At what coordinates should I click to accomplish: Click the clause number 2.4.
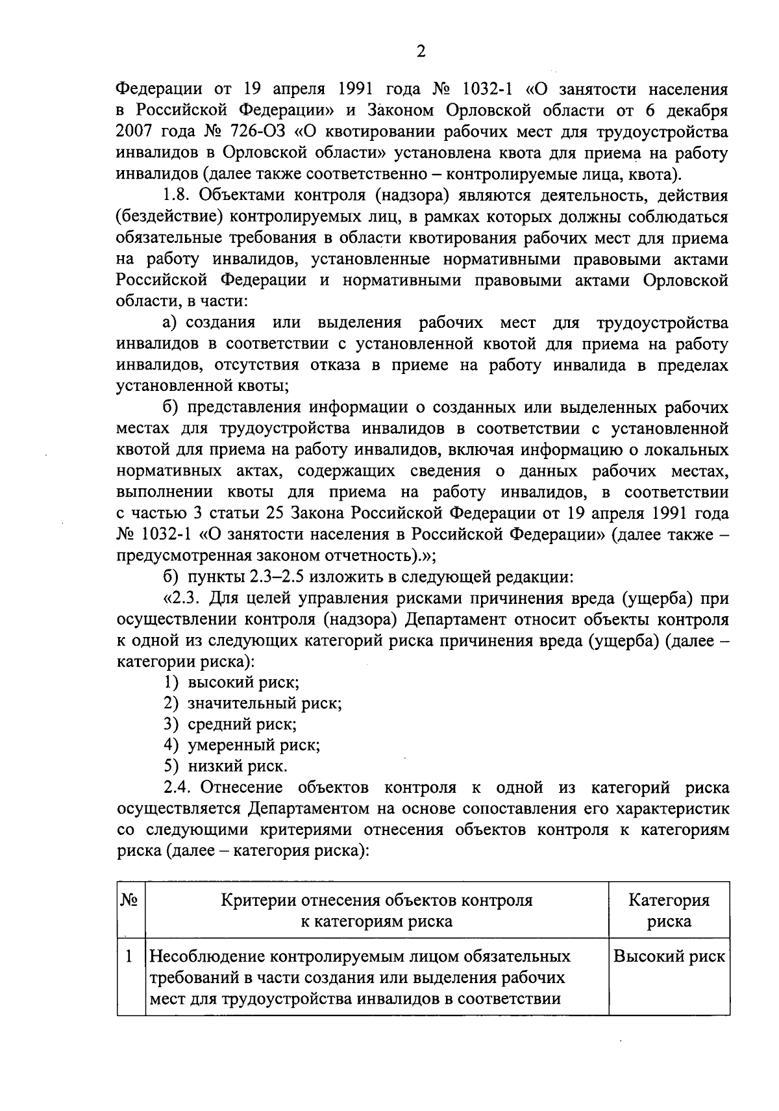click(179, 788)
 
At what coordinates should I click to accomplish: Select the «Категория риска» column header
click(669, 910)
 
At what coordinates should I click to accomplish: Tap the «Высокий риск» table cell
click(669, 957)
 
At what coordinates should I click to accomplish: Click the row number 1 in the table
click(129, 957)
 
